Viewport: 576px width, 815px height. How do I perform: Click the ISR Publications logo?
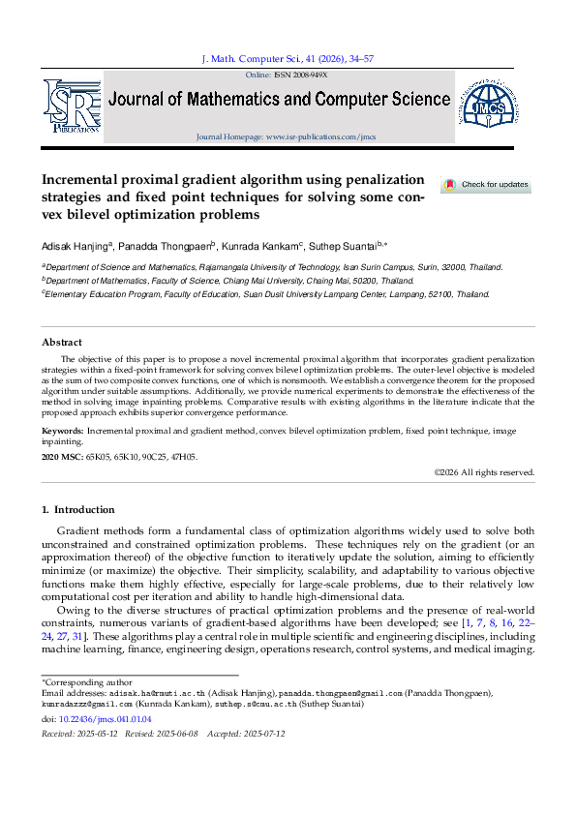(x=72, y=104)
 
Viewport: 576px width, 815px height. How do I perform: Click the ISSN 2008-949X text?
(x=301, y=74)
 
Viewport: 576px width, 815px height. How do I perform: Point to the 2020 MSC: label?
(x=62, y=457)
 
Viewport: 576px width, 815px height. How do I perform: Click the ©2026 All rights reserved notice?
(x=484, y=472)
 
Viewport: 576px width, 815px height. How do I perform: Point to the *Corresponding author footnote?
(x=81, y=683)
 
